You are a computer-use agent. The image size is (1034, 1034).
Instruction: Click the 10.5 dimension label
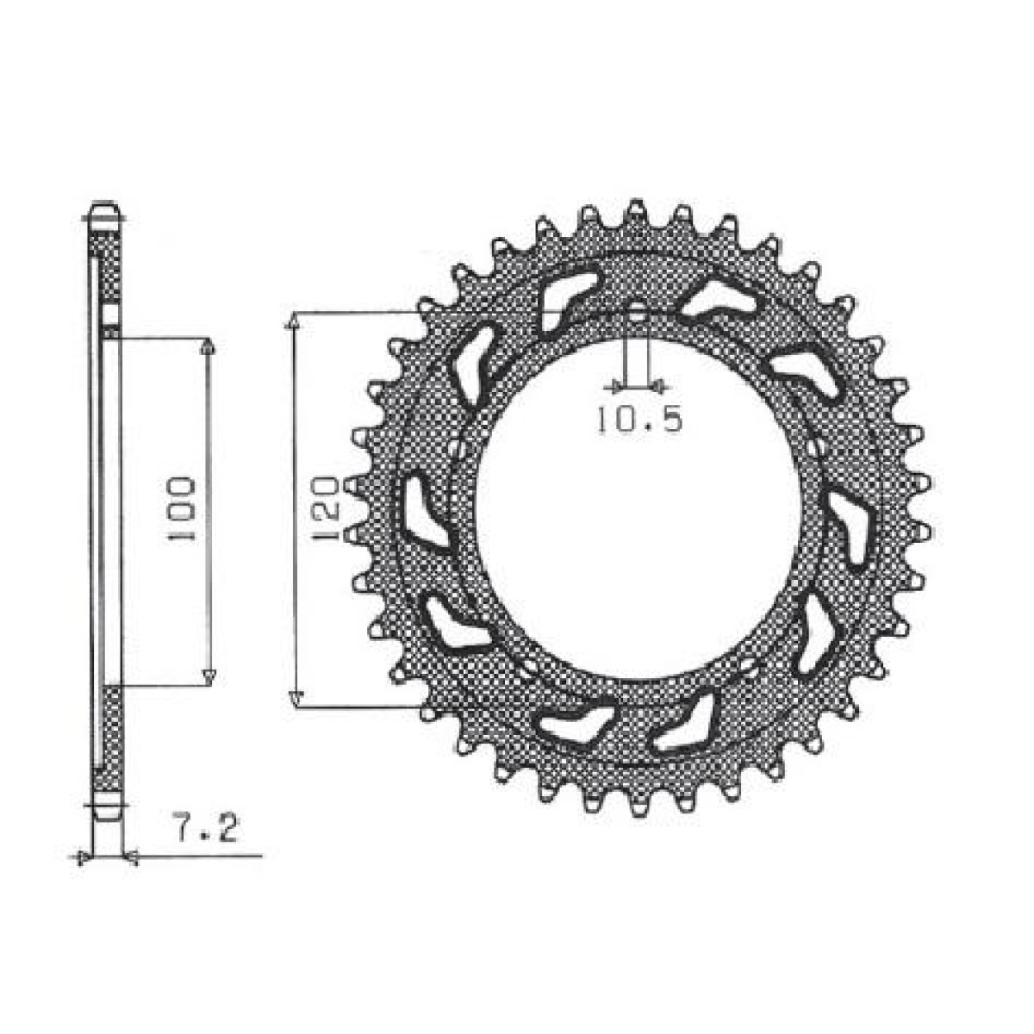click(639, 420)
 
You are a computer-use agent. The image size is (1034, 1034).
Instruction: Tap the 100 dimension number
click(183, 508)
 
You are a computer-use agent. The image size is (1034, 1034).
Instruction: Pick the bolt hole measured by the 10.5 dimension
click(637, 314)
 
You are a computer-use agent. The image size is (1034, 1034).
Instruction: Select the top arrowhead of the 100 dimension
click(207, 346)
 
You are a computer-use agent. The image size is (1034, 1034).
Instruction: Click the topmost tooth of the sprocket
click(636, 209)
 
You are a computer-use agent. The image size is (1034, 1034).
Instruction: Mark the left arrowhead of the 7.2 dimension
click(82, 857)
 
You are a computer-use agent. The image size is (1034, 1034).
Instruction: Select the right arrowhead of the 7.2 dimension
click(131, 857)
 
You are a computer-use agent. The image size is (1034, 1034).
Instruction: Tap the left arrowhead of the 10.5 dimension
click(615, 384)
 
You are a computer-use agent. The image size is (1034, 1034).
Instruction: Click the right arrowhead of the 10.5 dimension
click(656, 384)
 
